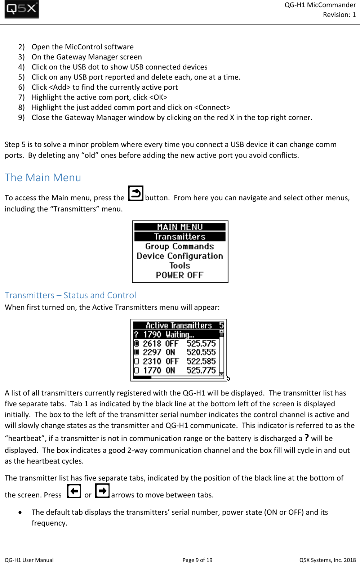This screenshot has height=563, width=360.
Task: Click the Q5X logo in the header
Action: (x=22, y=10)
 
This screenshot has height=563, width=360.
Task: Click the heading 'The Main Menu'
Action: (x=43, y=178)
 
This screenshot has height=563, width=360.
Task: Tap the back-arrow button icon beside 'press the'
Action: (x=135, y=193)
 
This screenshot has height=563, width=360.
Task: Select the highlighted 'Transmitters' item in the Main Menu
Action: (x=180, y=237)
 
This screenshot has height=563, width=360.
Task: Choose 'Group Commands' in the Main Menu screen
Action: (x=179, y=246)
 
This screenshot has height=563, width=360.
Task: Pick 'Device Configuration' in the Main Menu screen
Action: (x=180, y=256)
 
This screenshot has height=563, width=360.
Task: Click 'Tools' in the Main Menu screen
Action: (x=180, y=266)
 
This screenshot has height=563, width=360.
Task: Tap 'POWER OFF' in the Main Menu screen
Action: (x=179, y=275)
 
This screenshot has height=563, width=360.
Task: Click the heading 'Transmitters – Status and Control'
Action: (x=70, y=295)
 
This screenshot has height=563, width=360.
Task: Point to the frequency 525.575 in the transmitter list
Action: (x=201, y=344)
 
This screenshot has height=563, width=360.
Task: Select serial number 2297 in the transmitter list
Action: (x=152, y=352)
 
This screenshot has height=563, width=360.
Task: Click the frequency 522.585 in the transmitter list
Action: (x=201, y=361)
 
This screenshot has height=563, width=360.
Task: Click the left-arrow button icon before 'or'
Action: (x=74, y=491)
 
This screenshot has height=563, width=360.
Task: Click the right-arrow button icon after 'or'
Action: (x=102, y=491)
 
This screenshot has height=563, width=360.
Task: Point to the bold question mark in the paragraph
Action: (x=307, y=438)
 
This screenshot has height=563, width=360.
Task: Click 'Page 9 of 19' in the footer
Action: (x=197, y=560)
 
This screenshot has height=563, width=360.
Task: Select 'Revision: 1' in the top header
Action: (x=339, y=15)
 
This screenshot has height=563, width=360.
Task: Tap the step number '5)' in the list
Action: (x=22, y=77)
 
